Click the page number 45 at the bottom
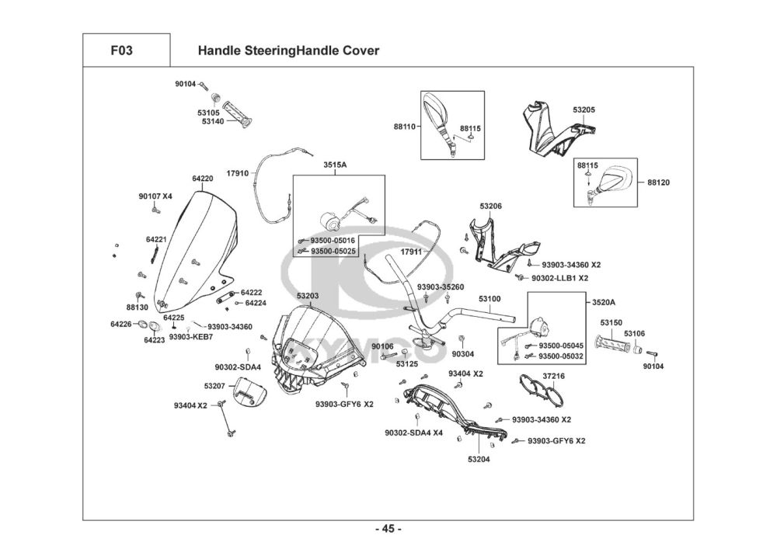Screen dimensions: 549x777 tap(388, 530)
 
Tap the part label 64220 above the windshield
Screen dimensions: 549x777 tap(202, 179)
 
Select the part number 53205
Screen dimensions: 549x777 tap(584, 109)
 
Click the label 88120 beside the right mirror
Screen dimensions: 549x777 tap(658, 182)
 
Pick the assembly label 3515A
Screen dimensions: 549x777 tap(334, 165)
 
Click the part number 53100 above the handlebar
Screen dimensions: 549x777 tap(489, 298)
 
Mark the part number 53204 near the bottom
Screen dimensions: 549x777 tap(479, 459)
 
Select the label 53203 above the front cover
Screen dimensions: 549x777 tap(308, 296)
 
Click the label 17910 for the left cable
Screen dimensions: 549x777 tap(237, 172)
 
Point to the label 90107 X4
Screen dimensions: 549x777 tap(155, 196)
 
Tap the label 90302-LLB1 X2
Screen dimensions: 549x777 tap(559, 277)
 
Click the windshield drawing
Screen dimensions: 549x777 tap(194, 248)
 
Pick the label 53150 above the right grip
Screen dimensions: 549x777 tap(611, 321)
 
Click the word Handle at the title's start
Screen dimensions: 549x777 tap(218, 51)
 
